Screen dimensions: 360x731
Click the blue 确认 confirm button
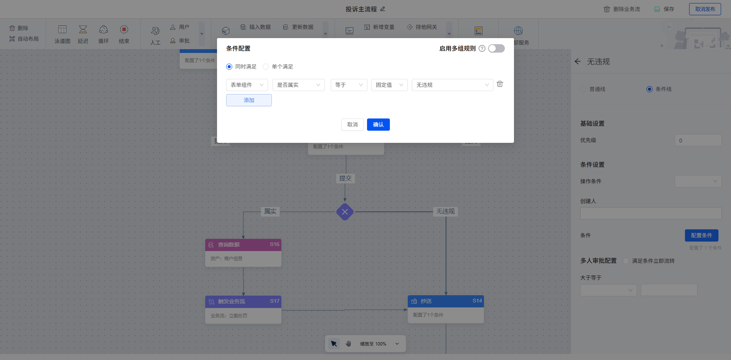click(x=378, y=125)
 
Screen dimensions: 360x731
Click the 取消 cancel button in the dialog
click(x=352, y=125)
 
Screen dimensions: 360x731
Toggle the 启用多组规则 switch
click(x=496, y=48)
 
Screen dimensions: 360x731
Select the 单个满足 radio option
click(x=266, y=67)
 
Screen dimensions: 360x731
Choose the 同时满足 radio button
click(x=229, y=67)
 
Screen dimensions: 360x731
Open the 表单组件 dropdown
click(x=247, y=85)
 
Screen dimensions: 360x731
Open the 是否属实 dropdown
click(x=298, y=85)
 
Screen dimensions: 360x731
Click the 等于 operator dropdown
click(x=349, y=85)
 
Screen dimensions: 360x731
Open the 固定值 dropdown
click(x=389, y=85)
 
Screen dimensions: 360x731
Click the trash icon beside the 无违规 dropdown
click(x=500, y=84)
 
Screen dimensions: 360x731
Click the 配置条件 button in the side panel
click(x=701, y=235)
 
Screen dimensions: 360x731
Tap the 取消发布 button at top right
click(x=705, y=9)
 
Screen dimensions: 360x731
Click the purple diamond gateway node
click(x=345, y=212)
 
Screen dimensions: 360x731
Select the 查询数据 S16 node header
click(x=243, y=245)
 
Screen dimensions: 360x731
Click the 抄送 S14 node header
click(x=445, y=301)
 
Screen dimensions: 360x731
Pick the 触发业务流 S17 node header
click(x=243, y=301)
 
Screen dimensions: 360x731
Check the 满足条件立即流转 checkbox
click(x=626, y=261)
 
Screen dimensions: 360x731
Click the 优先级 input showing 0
click(x=698, y=140)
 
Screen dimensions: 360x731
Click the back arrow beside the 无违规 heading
click(x=578, y=62)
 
